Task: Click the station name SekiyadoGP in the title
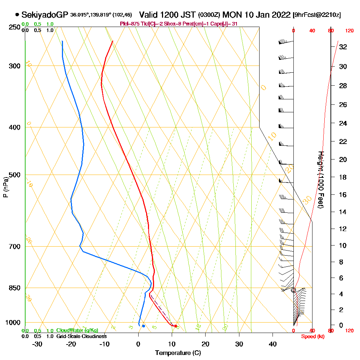pos(45,15)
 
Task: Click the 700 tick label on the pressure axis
pos(14,247)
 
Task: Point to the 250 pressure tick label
pos(14,27)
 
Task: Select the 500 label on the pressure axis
pos(14,175)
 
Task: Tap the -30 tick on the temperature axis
pos(37,344)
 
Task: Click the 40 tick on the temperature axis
pos(273,344)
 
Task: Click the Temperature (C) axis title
pos(178,353)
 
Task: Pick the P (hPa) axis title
pos(5,187)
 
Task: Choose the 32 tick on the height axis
pos(343,47)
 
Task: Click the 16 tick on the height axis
pos(343,195)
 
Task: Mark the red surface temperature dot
pos(175,326)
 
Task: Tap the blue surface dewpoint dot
pos(143,326)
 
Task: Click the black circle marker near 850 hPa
pos(293,290)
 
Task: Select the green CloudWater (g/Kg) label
pos(77,330)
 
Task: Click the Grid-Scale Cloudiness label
pos(81,336)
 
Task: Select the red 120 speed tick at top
pos(349,31)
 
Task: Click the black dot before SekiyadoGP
pos(17,15)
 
